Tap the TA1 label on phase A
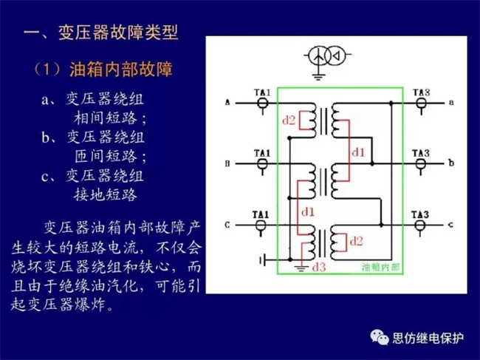262,92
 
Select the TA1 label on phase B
262,153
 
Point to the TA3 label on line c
421,215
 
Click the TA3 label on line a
421,92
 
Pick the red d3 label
320,266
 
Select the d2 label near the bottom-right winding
356,240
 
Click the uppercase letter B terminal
227,163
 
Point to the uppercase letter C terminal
227,224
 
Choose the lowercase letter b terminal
451,163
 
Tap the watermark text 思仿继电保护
429,338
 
